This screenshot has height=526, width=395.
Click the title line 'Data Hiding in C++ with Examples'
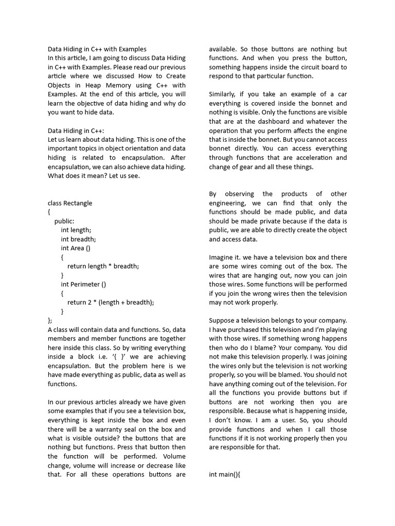pos(97,49)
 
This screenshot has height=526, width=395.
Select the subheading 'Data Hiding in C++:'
pos(76,130)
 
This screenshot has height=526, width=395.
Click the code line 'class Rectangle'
pos(70,203)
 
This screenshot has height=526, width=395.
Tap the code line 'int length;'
pos(76,230)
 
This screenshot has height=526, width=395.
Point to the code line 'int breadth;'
pos(78,239)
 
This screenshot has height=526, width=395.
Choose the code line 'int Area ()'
pos(76,248)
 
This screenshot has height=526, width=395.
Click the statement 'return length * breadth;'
pos(103,266)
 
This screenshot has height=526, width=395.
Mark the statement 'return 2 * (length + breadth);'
pos(111,302)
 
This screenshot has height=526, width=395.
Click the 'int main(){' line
pos(225,474)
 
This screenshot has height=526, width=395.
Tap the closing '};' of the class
pos(50,320)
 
